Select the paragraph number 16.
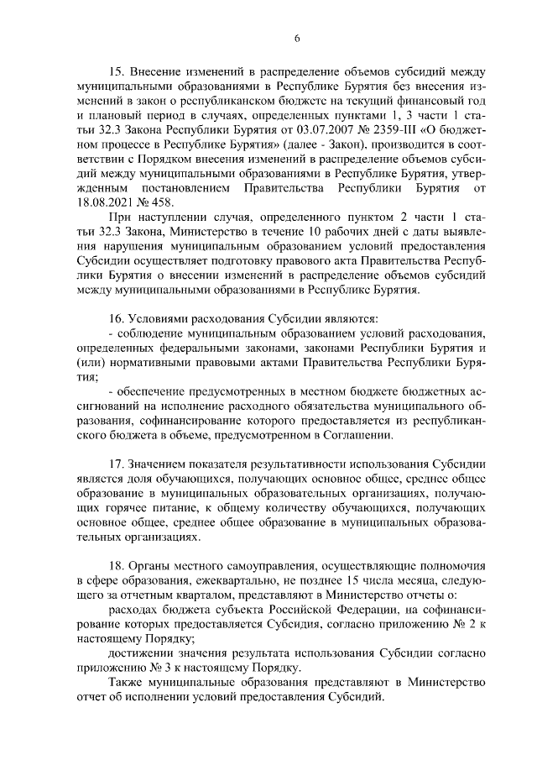[x=117, y=319]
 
